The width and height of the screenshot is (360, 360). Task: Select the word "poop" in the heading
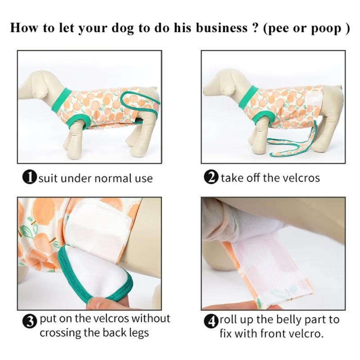(x=326, y=28)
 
